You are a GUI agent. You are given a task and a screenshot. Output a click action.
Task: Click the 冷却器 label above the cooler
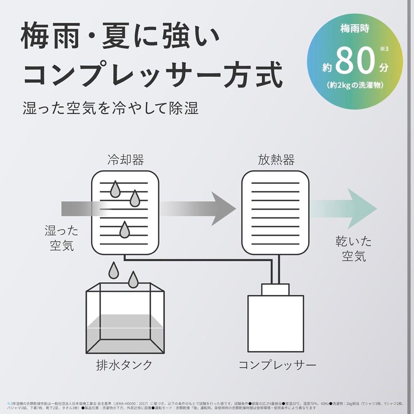[x=125, y=160]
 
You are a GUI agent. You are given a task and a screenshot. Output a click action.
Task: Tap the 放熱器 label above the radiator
[x=276, y=160]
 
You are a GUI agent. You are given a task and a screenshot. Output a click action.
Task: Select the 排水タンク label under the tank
[x=124, y=365]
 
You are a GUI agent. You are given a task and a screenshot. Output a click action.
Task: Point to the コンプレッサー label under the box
[x=277, y=365]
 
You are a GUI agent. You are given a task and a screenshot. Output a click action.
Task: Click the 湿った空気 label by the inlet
[x=62, y=238]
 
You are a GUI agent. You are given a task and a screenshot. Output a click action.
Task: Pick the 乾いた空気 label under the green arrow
[x=353, y=248]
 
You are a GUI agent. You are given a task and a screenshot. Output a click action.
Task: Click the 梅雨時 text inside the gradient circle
[x=355, y=29]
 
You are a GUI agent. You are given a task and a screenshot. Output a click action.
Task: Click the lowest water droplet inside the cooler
[x=124, y=230]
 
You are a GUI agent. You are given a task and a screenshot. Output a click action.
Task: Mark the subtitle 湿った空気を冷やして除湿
[x=110, y=108]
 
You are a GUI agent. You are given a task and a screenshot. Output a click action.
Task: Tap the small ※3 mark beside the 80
[x=384, y=49]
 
